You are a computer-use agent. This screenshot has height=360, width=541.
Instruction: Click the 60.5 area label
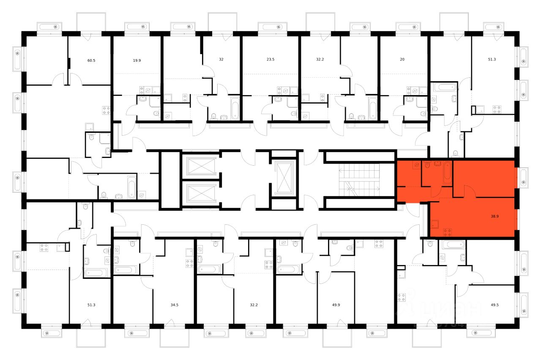coord(91,60)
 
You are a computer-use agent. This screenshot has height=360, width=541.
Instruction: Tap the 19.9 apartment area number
coord(137,60)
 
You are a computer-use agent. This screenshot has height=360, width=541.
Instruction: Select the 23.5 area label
coord(270,60)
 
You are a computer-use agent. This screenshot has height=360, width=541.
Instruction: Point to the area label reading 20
coord(402,60)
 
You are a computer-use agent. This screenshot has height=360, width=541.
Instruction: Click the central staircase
coord(360,180)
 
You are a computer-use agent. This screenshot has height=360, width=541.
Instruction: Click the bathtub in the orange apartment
coord(447,173)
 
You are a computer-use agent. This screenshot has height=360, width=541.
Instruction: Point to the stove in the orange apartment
coord(448,231)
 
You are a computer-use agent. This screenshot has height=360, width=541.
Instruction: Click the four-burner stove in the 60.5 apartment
coord(106,111)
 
